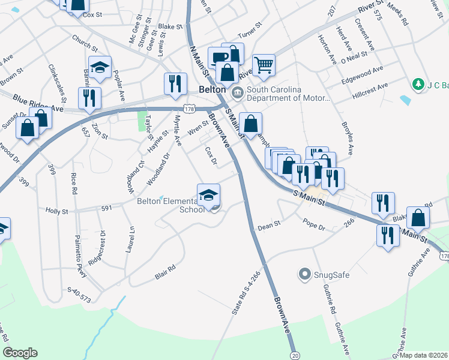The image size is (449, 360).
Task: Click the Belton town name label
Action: tap(211, 89)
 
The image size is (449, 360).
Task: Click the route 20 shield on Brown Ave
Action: tap(294, 355)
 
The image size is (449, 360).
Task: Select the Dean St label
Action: tap(269, 226)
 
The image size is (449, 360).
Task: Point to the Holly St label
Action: tap(58, 211)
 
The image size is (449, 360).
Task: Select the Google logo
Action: tap(20, 353)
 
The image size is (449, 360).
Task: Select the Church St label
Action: tap(84, 43)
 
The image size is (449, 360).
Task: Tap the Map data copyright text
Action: tap(423, 355)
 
